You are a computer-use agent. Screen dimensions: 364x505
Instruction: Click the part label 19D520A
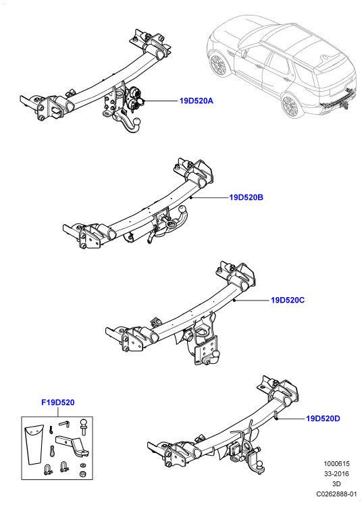(x=196, y=101)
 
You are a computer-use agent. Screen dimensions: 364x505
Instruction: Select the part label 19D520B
(x=246, y=197)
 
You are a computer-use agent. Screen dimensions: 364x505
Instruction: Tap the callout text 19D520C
(x=288, y=300)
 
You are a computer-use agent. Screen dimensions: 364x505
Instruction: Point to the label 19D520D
(x=323, y=419)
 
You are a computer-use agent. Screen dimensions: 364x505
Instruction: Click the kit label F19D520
(x=58, y=402)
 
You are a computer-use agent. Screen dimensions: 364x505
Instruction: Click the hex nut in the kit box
(x=82, y=474)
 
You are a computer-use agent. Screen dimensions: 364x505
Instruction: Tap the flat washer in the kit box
(x=83, y=464)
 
